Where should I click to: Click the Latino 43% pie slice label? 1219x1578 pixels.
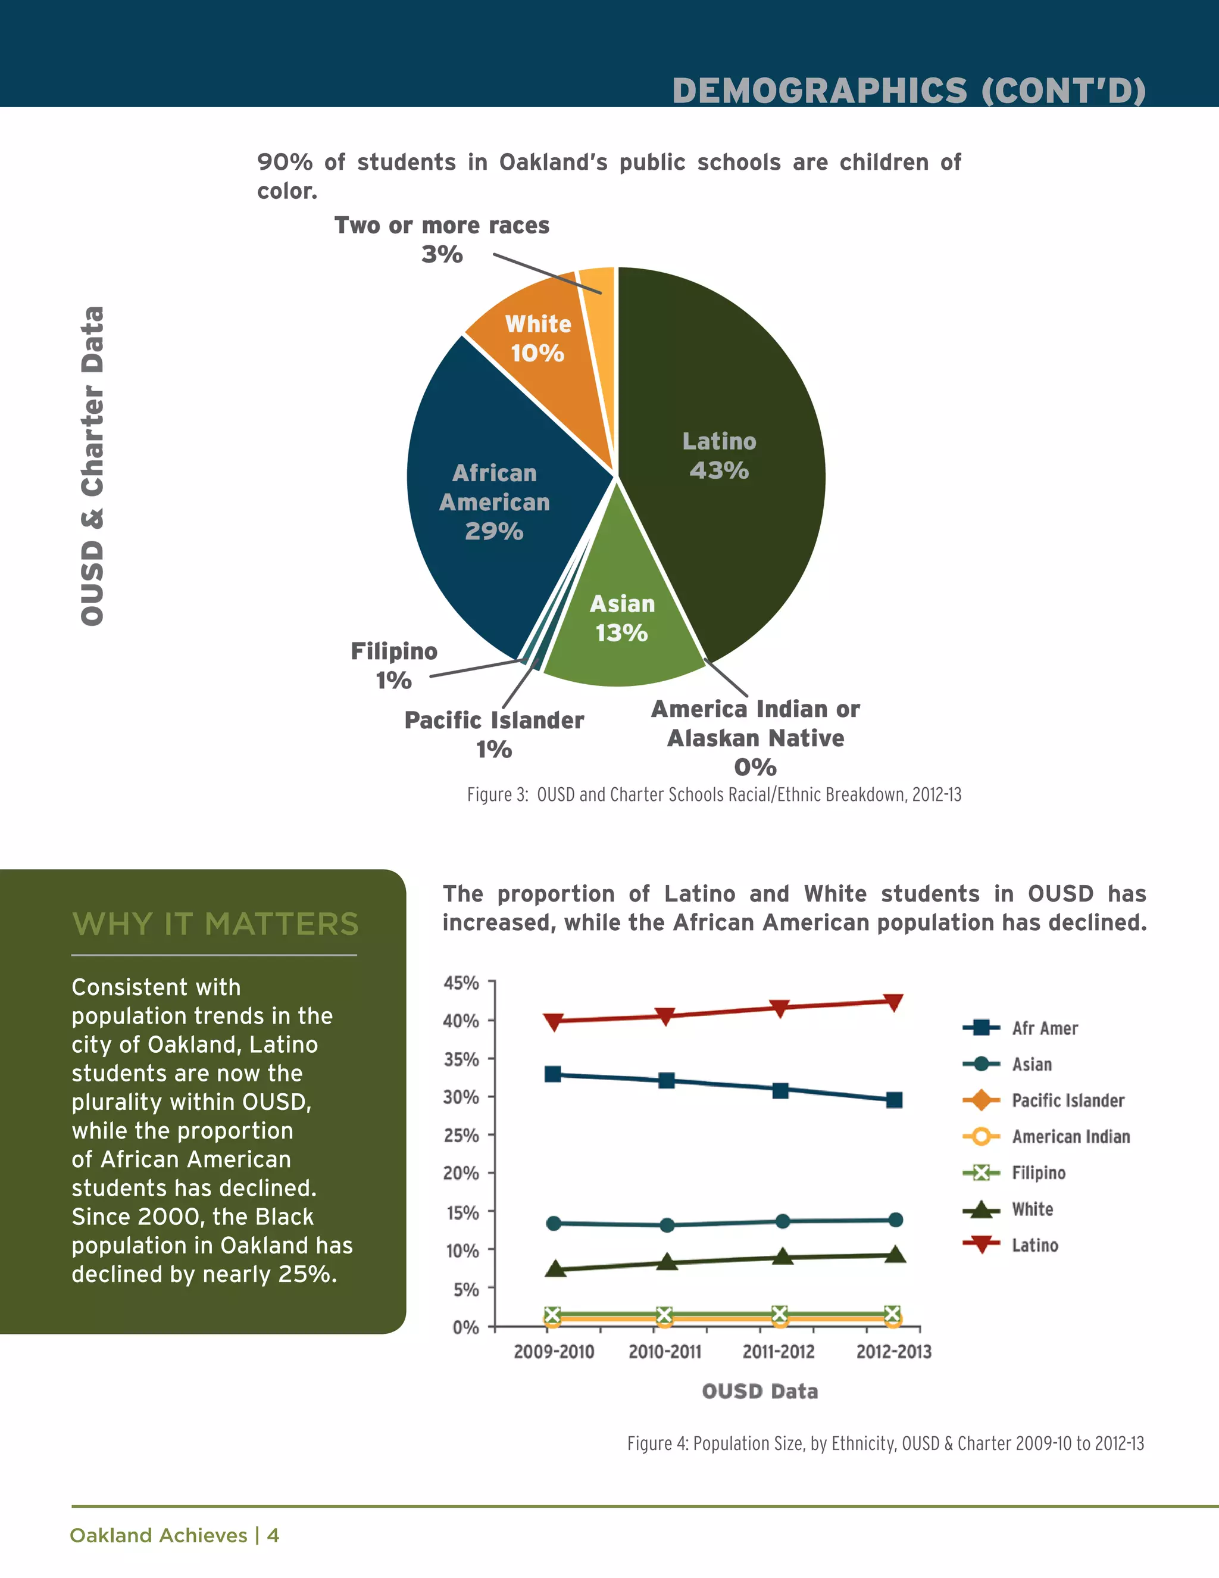[718, 456]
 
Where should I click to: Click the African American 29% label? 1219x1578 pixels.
[495, 502]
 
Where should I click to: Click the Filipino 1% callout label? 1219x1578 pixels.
[393, 665]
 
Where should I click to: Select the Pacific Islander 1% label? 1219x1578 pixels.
[494, 734]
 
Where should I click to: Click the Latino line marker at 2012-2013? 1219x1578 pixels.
[893, 1002]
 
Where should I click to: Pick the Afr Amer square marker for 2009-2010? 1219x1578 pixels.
[553, 1074]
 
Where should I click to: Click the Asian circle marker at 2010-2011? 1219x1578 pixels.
[667, 1225]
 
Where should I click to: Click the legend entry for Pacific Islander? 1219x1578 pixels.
[1067, 1100]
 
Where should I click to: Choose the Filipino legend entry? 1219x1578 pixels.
[1037, 1172]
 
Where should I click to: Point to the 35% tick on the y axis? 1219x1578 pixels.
[461, 1059]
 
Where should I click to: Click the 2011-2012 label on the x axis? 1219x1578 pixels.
[779, 1352]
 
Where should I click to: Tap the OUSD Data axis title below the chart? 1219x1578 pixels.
[759, 1392]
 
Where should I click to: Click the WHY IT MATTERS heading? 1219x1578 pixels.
[215, 924]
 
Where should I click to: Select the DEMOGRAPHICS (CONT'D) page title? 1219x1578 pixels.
[908, 91]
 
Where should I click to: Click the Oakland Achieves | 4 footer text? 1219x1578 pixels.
[174, 1535]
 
